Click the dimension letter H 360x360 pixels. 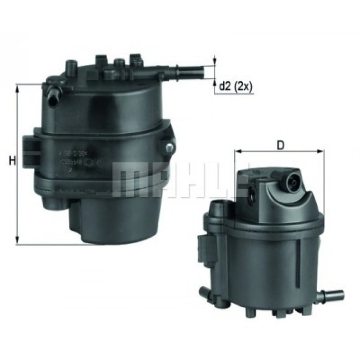click(x=12, y=161)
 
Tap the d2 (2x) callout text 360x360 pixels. click(x=236, y=86)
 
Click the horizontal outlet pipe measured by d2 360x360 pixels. click(x=188, y=72)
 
